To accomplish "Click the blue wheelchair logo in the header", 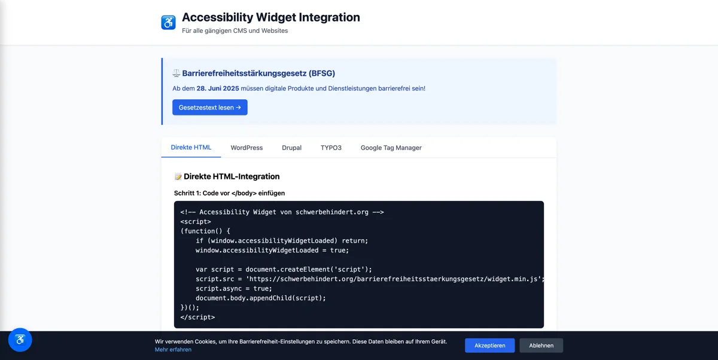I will pyautogui.click(x=169, y=23).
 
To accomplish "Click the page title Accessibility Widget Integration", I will pyautogui.click(x=270, y=17).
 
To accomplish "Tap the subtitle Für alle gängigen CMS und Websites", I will pyautogui.click(x=235, y=30).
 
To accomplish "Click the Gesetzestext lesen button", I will pyautogui.click(x=209, y=108).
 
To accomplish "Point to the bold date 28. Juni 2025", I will pyautogui.click(x=218, y=89).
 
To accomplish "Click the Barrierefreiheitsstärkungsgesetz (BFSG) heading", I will pyautogui.click(x=258, y=74).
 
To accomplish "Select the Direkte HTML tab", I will pyautogui.click(x=191, y=148).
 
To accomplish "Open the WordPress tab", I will pyautogui.click(x=247, y=148).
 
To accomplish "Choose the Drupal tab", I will pyautogui.click(x=291, y=148).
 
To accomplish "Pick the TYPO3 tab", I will pyautogui.click(x=331, y=148).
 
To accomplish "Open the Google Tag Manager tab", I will pyautogui.click(x=391, y=148).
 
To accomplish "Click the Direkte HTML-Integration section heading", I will pyautogui.click(x=231, y=176).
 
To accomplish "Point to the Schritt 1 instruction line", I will pyautogui.click(x=229, y=193).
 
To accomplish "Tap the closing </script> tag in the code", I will pyautogui.click(x=197, y=317).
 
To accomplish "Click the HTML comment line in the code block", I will pyautogui.click(x=282, y=212).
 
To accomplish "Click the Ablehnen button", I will pyautogui.click(x=541, y=346).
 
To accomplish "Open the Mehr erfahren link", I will pyautogui.click(x=173, y=349).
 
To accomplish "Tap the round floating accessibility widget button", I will pyautogui.click(x=20, y=340).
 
